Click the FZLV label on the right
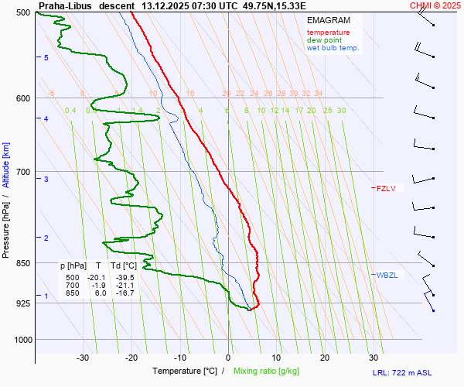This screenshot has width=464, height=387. click(386, 188)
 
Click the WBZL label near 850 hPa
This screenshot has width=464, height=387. click(387, 275)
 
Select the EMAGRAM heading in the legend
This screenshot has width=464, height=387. click(328, 19)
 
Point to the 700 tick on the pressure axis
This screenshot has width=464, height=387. click(22, 172)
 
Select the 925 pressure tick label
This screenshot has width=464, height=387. click(22, 303)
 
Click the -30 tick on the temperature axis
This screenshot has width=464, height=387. click(83, 358)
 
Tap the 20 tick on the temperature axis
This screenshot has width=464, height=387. click(325, 358)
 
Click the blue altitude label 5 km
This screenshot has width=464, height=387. click(46, 58)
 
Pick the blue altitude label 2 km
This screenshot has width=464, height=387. click(46, 238)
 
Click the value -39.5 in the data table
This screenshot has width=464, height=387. click(125, 277)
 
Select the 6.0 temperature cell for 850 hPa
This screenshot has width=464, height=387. click(101, 293)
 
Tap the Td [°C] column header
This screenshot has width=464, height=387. click(123, 265)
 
